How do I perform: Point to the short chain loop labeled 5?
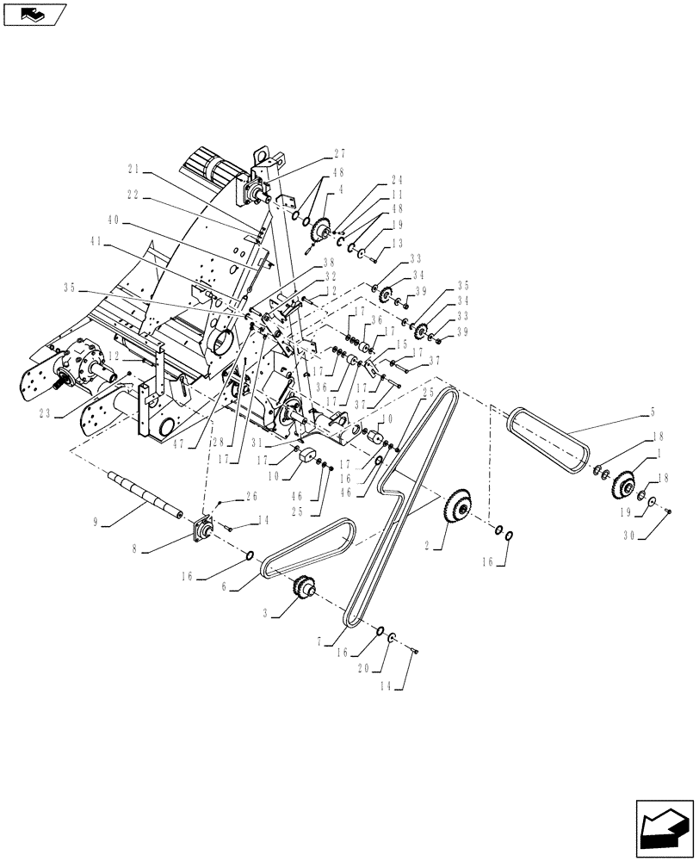click(x=546, y=438)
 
